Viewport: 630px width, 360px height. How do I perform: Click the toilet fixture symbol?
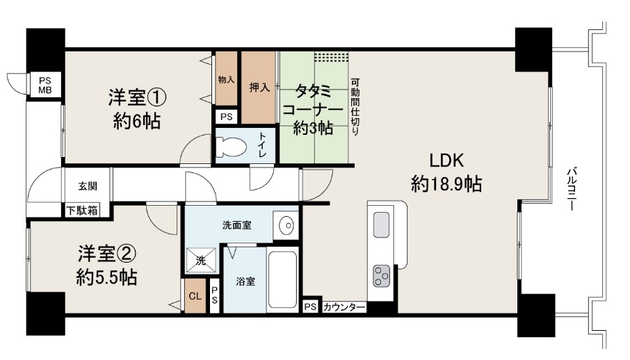point(231,147)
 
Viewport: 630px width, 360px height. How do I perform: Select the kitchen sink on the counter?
point(381,224)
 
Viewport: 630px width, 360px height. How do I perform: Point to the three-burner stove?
point(381,276)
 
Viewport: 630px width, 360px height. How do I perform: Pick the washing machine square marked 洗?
point(201,260)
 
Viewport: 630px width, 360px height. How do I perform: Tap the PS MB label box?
point(45,85)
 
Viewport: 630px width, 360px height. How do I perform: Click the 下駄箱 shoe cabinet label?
point(82,210)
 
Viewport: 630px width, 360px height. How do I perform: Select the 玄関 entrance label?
point(88,186)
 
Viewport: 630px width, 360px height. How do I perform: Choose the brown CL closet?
point(195,296)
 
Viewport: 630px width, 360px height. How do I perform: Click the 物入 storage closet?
point(226,79)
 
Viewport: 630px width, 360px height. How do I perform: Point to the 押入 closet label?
point(259,87)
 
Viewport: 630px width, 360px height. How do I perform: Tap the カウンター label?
point(344,307)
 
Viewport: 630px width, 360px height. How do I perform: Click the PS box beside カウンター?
point(309,307)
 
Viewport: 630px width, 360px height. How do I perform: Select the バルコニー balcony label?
point(572,189)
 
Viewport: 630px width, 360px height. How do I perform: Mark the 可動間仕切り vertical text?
point(355,106)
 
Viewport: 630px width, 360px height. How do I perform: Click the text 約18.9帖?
point(446,184)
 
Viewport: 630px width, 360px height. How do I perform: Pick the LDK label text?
point(447,161)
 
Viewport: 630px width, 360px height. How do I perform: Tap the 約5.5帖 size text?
point(107,277)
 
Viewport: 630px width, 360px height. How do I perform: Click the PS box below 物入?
point(227,117)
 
